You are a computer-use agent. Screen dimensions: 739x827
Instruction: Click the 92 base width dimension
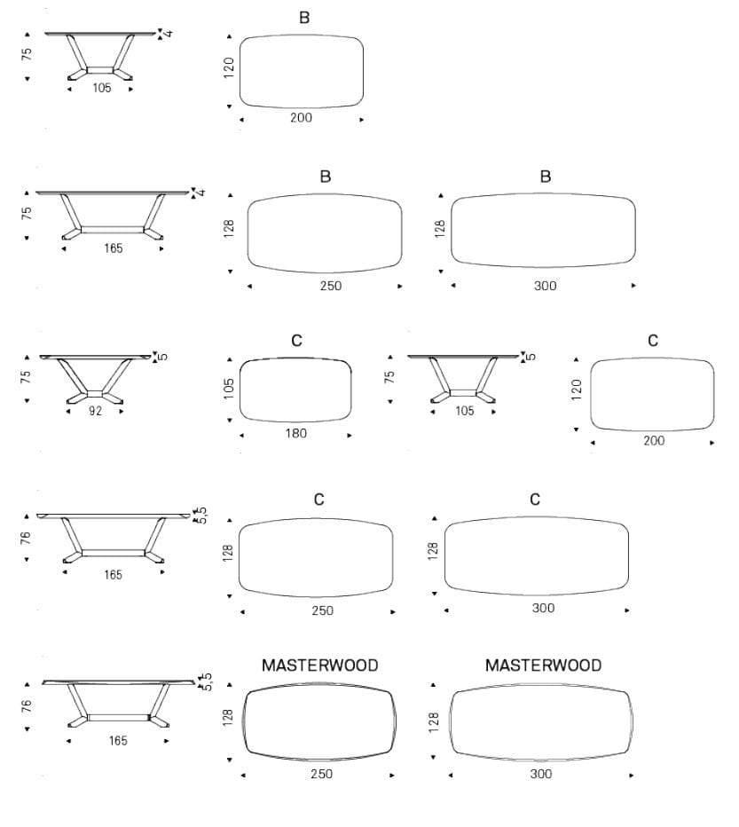(96, 411)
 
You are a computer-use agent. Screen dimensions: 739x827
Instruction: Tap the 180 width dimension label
(296, 434)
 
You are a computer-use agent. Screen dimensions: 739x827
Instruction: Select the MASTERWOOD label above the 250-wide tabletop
(320, 666)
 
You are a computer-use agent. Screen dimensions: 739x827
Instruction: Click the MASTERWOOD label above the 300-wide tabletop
(543, 666)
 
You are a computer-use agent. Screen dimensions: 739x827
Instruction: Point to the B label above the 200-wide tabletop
(304, 18)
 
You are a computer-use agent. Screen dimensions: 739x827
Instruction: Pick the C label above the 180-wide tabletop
(297, 341)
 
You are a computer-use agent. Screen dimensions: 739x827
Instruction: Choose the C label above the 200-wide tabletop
(653, 341)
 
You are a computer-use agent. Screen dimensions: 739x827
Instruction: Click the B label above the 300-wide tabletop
(546, 177)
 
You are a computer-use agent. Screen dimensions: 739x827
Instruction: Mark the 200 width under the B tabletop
(302, 118)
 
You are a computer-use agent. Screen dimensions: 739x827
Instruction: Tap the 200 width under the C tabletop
(654, 441)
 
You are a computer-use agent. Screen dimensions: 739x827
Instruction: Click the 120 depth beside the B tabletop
(228, 68)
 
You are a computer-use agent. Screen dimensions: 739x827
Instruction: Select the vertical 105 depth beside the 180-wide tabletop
(228, 389)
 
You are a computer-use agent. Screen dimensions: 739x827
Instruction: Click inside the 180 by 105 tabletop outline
(295, 390)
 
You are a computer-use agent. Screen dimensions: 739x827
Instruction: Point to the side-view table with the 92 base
(96, 379)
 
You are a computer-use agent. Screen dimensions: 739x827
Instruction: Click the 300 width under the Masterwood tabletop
(541, 775)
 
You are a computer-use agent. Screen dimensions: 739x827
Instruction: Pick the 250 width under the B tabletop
(331, 286)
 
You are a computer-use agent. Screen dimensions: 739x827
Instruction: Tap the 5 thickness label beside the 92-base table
(163, 357)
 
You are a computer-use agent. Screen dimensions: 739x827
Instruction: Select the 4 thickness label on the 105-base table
(169, 33)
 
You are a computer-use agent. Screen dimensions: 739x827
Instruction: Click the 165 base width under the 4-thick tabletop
(114, 248)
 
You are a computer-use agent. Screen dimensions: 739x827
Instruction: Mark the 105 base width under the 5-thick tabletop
(465, 411)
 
